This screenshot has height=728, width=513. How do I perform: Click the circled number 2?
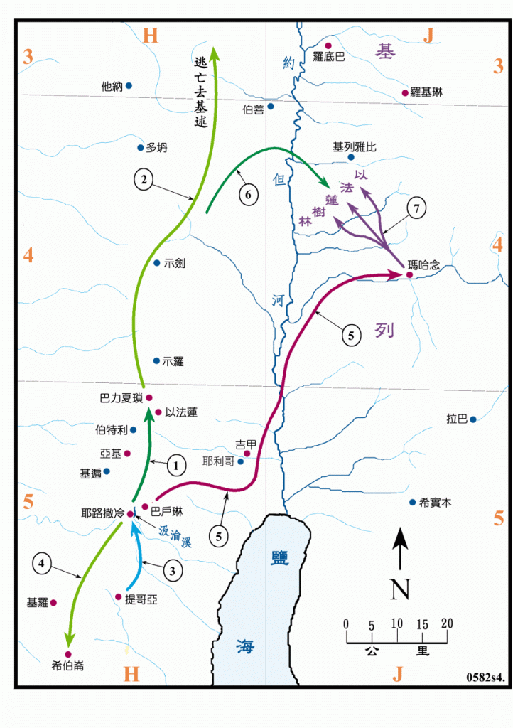click(x=144, y=181)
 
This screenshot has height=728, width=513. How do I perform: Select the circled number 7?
click(x=417, y=208)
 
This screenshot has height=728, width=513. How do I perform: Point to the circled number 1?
click(x=175, y=466)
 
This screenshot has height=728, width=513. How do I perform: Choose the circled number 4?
click(x=43, y=564)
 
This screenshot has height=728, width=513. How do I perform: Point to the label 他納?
click(x=112, y=87)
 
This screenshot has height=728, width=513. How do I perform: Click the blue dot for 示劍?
click(x=157, y=263)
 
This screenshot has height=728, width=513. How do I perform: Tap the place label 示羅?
click(x=173, y=361)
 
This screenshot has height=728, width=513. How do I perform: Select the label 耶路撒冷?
click(x=102, y=513)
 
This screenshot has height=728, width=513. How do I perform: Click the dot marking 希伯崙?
click(x=69, y=654)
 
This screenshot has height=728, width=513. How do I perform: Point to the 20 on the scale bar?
click(x=446, y=623)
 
